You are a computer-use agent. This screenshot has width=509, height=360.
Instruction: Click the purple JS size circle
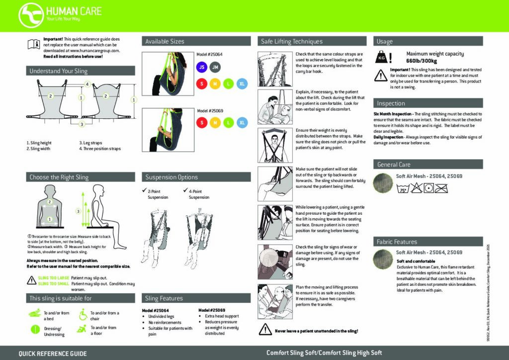tap(201, 67)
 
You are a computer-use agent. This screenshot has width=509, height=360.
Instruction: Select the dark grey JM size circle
tap(215, 67)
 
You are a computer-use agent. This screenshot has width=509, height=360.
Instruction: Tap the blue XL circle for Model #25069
tap(242, 122)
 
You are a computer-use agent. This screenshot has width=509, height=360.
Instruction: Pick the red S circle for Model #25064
tap(201, 83)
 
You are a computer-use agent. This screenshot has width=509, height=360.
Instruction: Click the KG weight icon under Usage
tap(382, 58)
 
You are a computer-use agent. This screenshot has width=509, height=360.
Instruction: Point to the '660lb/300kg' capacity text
tap(422, 61)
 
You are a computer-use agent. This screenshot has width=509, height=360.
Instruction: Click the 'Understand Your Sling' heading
tap(59, 71)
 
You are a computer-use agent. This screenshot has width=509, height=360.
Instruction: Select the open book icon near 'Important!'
tap(33, 45)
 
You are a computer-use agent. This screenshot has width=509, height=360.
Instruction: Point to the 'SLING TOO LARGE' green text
tap(54, 278)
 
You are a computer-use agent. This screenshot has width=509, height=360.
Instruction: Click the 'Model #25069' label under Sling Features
tap(211, 310)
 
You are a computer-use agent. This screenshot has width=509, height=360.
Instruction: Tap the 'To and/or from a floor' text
tap(103, 331)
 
